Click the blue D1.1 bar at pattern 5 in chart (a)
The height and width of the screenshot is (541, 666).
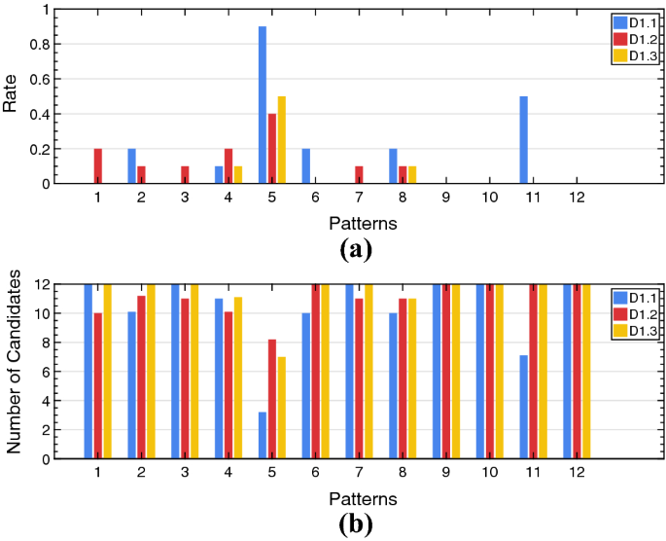(x=263, y=105)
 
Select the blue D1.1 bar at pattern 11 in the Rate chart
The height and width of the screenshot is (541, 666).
(x=524, y=140)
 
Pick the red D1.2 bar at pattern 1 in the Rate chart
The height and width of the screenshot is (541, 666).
(x=98, y=166)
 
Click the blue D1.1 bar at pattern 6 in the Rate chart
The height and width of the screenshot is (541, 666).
(x=306, y=166)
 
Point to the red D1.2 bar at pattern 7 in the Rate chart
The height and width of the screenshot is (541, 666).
(x=359, y=175)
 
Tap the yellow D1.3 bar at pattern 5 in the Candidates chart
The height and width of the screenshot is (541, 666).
(x=281, y=408)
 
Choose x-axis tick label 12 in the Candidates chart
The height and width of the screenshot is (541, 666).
(x=577, y=473)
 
